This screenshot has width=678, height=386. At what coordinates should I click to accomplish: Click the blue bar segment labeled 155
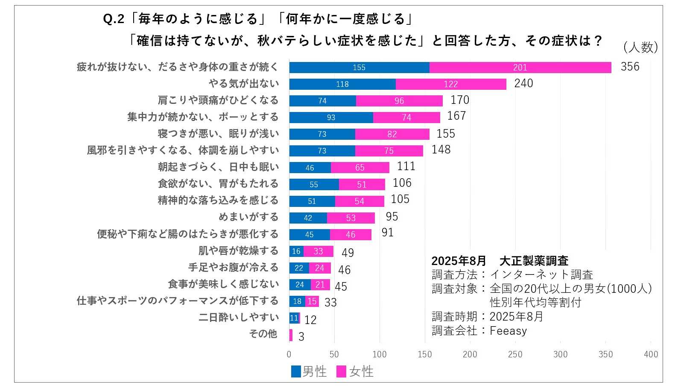[x=359, y=68]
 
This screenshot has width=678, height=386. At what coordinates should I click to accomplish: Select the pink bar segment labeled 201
[x=520, y=68]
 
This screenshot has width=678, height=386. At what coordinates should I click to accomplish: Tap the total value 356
[x=630, y=67]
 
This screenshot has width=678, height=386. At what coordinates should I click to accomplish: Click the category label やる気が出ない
[x=243, y=84]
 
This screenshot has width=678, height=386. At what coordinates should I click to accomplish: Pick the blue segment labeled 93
[x=331, y=118]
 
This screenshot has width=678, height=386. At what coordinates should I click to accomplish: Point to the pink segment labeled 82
[x=392, y=134]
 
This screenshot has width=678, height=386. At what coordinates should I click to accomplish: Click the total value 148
[x=441, y=150]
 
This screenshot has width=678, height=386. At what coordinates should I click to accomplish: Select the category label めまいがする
[x=248, y=217]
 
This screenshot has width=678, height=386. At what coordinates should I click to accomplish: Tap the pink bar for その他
[x=291, y=335]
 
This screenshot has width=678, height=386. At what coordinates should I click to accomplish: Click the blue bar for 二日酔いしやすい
[x=294, y=318]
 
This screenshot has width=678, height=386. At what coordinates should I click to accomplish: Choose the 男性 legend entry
[x=309, y=371]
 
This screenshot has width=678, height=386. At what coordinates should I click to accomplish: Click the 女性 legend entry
[x=355, y=371]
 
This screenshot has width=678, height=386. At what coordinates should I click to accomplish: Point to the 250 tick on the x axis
[x=515, y=354]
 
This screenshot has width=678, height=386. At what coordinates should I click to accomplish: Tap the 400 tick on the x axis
[x=651, y=354]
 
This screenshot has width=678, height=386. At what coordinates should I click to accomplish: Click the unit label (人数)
[x=640, y=47]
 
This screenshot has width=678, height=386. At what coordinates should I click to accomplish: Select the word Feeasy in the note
[x=508, y=331]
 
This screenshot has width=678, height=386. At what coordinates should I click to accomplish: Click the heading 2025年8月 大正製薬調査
[x=500, y=261]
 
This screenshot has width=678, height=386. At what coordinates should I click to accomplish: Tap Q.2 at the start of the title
[x=114, y=19]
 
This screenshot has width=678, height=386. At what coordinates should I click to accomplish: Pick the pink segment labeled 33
[x=318, y=251]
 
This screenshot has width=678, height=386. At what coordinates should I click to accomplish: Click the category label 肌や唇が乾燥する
[x=238, y=250]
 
